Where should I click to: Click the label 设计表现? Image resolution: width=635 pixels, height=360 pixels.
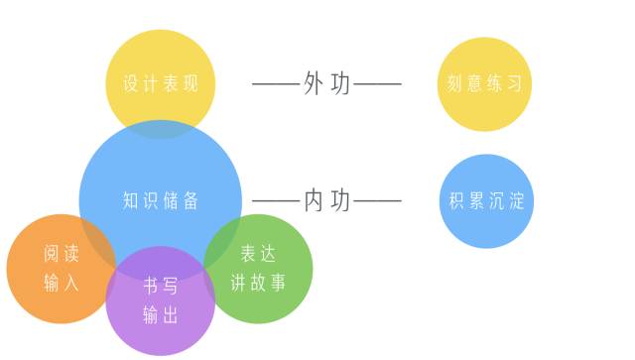click(160, 83)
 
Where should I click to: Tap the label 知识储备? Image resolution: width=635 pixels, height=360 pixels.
click(160, 200)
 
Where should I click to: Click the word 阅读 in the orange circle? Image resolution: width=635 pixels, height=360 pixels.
click(62, 255)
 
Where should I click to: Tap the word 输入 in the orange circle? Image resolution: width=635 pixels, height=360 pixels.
click(62, 283)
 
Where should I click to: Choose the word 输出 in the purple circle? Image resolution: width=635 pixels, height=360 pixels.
click(160, 315)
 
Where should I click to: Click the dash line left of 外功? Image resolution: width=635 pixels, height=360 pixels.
click(276, 84)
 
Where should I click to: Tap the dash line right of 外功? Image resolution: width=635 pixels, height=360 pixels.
click(378, 84)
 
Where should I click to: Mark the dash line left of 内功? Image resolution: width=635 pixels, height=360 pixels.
click(276, 201)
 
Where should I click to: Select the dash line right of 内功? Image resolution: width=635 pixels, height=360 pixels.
click(378, 201)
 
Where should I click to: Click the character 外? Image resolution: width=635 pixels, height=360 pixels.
click(314, 84)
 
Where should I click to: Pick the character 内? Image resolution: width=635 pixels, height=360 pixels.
click(314, 201)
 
